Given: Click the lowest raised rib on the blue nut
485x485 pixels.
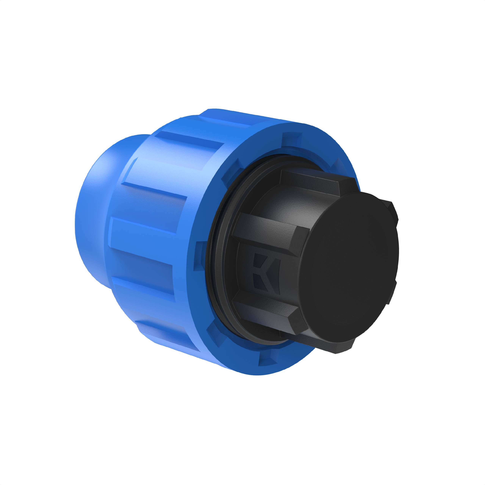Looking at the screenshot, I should point(166,335).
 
